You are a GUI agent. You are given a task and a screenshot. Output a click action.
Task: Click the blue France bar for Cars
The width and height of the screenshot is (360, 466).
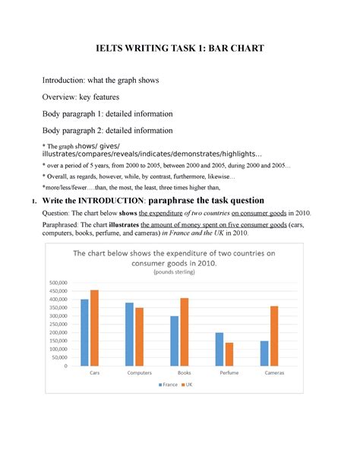(x=85, y=332)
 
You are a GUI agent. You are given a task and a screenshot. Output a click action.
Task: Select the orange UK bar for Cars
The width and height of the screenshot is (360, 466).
(x=94, y=328)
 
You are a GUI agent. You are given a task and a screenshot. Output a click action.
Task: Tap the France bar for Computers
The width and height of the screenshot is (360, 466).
(x=129, y=334)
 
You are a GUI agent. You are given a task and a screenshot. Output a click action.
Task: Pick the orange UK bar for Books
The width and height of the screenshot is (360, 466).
(x=184, y=331)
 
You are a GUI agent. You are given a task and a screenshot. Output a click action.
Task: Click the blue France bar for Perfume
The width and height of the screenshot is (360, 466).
(x=219, y=349)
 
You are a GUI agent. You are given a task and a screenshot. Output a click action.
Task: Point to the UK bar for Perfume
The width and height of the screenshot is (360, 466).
(x=229, y=354)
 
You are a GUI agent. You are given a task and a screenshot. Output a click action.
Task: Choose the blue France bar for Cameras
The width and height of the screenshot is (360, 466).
(x=264, y=353)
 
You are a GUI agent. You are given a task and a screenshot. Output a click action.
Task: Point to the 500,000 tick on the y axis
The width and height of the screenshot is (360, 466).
(x=58, y=283)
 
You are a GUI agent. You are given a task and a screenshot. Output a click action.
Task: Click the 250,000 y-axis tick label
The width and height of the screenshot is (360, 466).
(x=58, y=325)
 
